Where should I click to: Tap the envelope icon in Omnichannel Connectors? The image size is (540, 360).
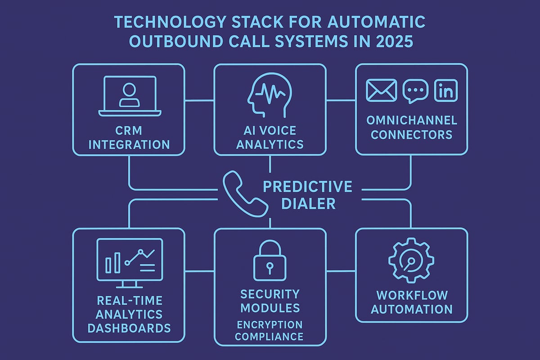381,90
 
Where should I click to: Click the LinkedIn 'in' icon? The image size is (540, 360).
445,90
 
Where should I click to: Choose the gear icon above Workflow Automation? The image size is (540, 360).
411,263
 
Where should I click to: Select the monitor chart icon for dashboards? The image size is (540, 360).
130,263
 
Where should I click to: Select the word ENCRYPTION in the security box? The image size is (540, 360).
270,324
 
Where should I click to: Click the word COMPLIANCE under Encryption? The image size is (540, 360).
270,336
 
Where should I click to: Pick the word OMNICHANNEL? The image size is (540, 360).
411,120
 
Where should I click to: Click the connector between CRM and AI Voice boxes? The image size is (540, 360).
199,100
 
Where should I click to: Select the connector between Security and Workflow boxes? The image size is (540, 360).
341,271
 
